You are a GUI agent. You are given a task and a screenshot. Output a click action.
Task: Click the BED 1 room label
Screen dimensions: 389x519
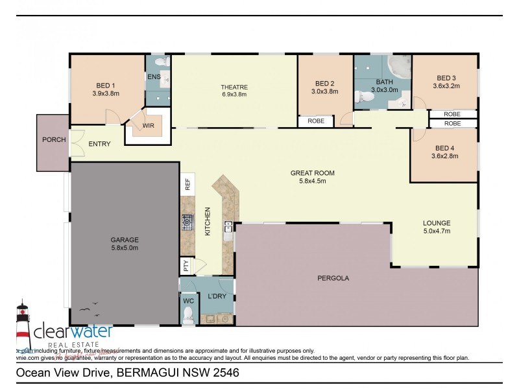[x=105, y=85]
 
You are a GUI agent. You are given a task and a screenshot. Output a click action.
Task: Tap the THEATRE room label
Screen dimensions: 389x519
[x=234, y=87]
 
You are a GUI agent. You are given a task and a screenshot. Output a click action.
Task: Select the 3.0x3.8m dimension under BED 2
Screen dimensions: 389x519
[x=325, y=91]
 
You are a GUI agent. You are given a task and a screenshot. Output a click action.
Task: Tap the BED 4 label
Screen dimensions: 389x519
[x=445, y=147]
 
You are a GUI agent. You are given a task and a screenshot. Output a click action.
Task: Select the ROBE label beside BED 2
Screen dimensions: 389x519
[x=316, y=121]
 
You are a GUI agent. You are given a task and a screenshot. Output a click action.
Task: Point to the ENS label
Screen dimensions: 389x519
[x=154, y=77]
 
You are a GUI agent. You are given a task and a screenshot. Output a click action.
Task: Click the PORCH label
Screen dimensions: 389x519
[x=53, y=139]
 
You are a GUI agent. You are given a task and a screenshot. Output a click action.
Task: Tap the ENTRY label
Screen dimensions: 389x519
[x=99, y=144]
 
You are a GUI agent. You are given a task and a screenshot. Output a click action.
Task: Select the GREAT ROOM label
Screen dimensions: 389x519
[x=312, y=173]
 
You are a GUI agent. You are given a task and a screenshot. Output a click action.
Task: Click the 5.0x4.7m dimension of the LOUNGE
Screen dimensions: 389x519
[x=437, y=230]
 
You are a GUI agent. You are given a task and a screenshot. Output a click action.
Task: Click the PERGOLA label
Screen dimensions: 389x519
[x=333, y=278]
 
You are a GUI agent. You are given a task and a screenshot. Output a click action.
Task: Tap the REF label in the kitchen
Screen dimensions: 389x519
[x=187, y=183]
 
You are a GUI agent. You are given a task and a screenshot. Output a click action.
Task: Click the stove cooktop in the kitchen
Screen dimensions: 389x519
[x=187, y=224]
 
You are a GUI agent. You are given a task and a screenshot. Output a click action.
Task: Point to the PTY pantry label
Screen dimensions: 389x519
[x=186, y=265]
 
